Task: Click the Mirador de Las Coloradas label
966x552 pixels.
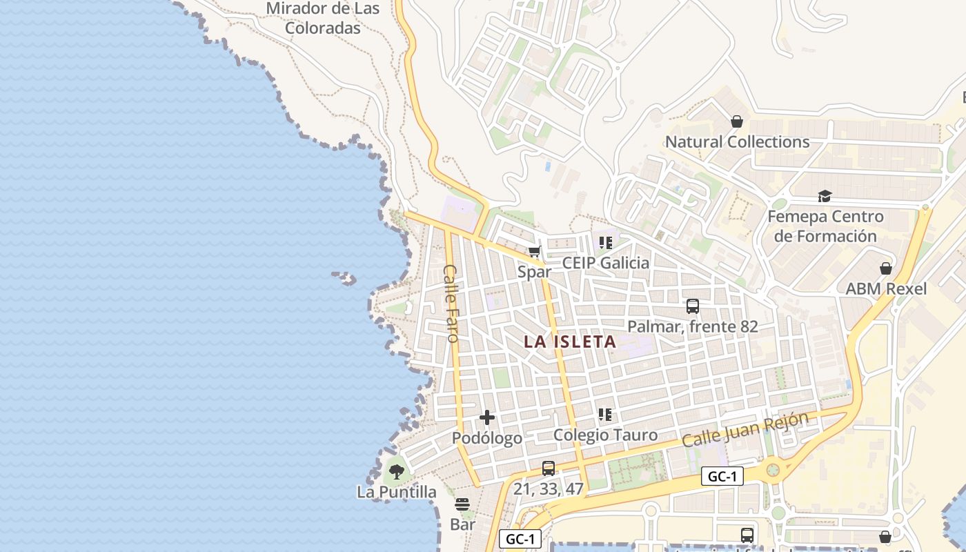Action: (x=323, y=19)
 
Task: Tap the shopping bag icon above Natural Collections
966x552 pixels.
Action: (x=737, y=121)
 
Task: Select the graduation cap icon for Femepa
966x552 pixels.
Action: (x=825, y=197)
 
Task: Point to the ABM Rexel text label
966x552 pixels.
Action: (x=886, y=288)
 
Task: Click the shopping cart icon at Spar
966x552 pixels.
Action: (x=534, y=252)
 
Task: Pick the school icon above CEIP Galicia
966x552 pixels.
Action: (x=606, y=242)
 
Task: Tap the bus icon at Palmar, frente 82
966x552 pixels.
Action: (x=693, y=306)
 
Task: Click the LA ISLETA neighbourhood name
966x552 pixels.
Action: (x=570, y=342)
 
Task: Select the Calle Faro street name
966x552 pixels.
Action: (x=451, y=304)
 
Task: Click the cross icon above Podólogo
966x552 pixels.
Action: (x=487, y=417)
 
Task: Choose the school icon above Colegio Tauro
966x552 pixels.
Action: (x=605, y=415)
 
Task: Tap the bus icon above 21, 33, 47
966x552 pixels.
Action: (x=549, y=469)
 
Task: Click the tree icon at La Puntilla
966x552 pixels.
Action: (x=397, y=472)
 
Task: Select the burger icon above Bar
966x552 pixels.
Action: (x=462, y=504)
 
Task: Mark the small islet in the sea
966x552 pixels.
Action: (x=345, y=278)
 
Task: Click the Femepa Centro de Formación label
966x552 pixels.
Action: (x=825, y=226)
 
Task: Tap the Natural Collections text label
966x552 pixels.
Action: (x=737, y=142)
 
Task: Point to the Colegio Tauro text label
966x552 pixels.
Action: (x=605, y=435)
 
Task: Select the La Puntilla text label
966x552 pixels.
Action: (x=397, y=492)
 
